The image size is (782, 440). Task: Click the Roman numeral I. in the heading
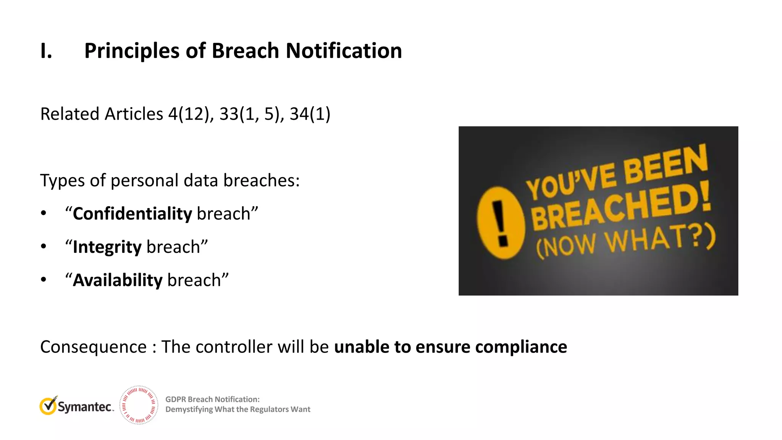pyautogui.click(x=46, y=51)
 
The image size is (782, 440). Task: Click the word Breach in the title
pyautogui.click(x=245, y=51)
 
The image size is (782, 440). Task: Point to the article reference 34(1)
pyautogui.click(x=310, y=114)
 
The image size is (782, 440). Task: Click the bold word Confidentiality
pyautogui.click(x=132, y=214)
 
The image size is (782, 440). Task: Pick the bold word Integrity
pyautogui.click(x=107, y=247)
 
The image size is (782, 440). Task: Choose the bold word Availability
pyautogui.click(x=118, y=280)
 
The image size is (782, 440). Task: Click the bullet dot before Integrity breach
pyautogui.click(x=44, y=247)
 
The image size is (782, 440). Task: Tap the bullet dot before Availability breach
pyautogui.click(x=44, y=280)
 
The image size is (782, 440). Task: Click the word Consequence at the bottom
pyautogui.click(x=93, y=347)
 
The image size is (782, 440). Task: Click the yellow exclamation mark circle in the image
pyautogui.click(x=500, y=223)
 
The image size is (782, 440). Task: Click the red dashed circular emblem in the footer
pyautogui.click(x=139, y=405)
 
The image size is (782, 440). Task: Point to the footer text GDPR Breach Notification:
pyautogui.click(x=212, y=399)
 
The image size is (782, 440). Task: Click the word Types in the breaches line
pyautogui.click(x=62, y=180)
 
